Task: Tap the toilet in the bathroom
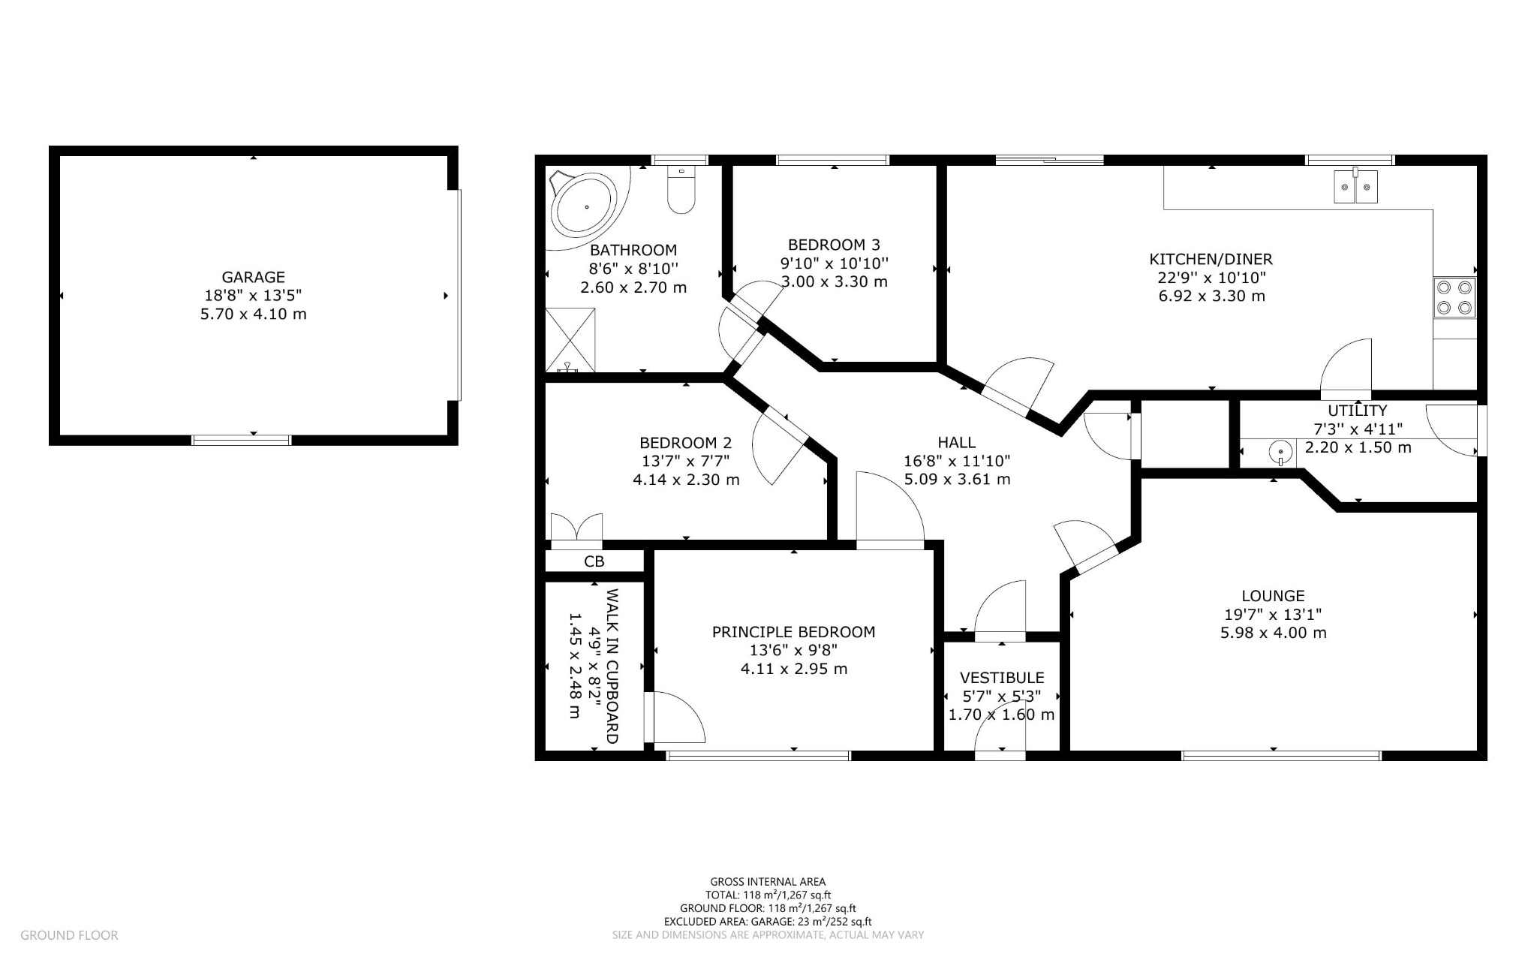(681, 190)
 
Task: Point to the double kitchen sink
(1356, 187)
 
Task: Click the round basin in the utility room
(1280, 453)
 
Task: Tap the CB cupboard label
(594, 561)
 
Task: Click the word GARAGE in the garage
(253, 277)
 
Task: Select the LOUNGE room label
(1273, 596)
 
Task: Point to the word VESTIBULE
(1002, 678)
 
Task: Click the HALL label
(956, 443)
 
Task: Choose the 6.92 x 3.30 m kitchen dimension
(1211, 296)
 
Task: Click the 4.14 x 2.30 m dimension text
(686, 479)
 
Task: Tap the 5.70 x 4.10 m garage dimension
(253, 314)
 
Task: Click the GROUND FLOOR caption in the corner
(69, 935)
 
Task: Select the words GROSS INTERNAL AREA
(768, 882)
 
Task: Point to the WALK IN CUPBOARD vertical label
(612, 666)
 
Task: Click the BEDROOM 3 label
(834, 245)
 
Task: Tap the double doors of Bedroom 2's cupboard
(576, 527)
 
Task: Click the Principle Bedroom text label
(793, 632)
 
